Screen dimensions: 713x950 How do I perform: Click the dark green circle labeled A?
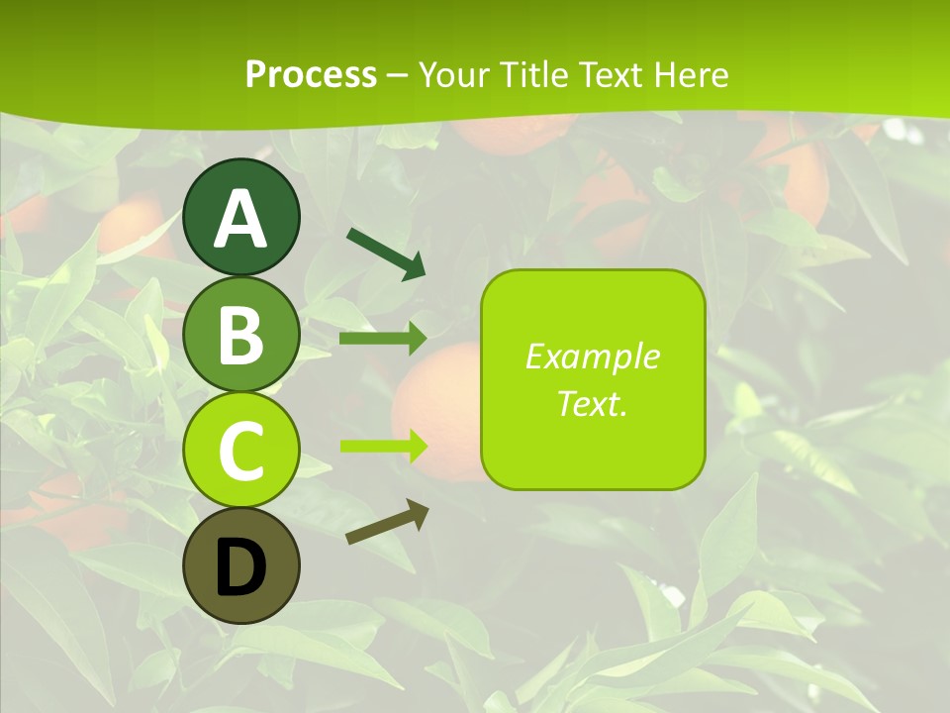click(241, 218)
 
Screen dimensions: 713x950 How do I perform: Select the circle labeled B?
click(241, 335)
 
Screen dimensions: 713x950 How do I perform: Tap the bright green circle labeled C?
click(241, 451)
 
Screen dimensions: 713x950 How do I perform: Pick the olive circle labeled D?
click(241, 566)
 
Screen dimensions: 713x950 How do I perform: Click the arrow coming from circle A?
click(386, 254)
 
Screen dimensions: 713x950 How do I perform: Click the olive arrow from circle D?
click(387, 521)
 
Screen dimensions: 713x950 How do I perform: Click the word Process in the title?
click(311, 74)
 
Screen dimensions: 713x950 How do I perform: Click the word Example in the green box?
click(593, 356)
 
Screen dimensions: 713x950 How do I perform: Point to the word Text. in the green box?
click(593, 403)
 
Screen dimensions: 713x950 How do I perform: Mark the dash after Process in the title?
click(398, 76)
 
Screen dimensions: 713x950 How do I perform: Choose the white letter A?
click(241, 219)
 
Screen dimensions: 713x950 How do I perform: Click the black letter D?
click(241, 567)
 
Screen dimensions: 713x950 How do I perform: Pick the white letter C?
click(241, 452)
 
